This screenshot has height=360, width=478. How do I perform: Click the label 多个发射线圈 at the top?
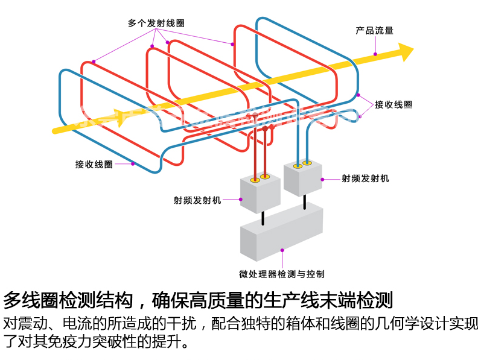(x=156, y=24)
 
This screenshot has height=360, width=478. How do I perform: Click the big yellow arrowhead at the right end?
(x=406, y=51)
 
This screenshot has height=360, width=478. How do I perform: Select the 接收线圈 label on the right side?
(x=394, y=104)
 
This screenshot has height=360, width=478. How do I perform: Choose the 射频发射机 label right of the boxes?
(x=365, y=178)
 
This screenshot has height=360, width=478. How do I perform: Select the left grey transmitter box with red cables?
(x=260, y=193)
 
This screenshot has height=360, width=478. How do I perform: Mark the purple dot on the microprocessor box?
(x=282, y=250)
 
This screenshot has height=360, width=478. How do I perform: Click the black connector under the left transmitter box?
(x=263, y=217)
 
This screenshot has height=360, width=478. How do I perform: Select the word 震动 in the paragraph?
(x=36, y=324)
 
